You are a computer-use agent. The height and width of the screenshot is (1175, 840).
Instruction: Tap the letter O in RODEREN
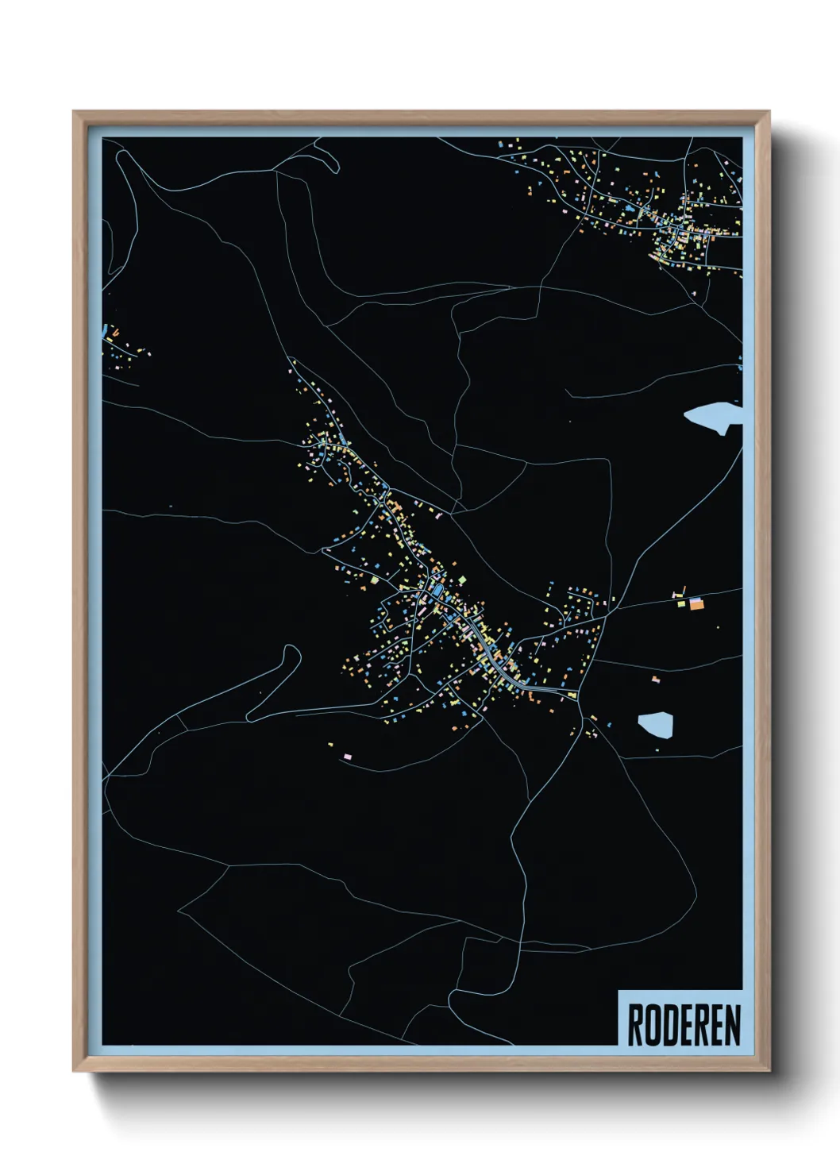[650, 1025]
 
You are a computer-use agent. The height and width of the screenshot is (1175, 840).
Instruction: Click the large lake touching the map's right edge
[715, 418]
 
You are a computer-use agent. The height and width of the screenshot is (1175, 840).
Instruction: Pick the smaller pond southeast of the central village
[656, 725]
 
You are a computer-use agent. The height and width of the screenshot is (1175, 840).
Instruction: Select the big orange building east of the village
[696, 604]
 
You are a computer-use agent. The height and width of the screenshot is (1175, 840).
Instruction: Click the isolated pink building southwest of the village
[347, 755]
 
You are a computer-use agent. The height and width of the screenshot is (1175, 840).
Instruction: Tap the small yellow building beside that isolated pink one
[331, 744]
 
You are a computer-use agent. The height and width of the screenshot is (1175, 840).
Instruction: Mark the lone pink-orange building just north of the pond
[656, 680]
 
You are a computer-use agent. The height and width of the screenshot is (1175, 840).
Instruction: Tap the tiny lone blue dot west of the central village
[171, 506]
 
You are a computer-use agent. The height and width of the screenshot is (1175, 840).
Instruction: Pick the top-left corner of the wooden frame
[75, 113]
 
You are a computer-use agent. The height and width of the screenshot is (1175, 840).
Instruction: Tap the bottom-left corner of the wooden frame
[75, 1070]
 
